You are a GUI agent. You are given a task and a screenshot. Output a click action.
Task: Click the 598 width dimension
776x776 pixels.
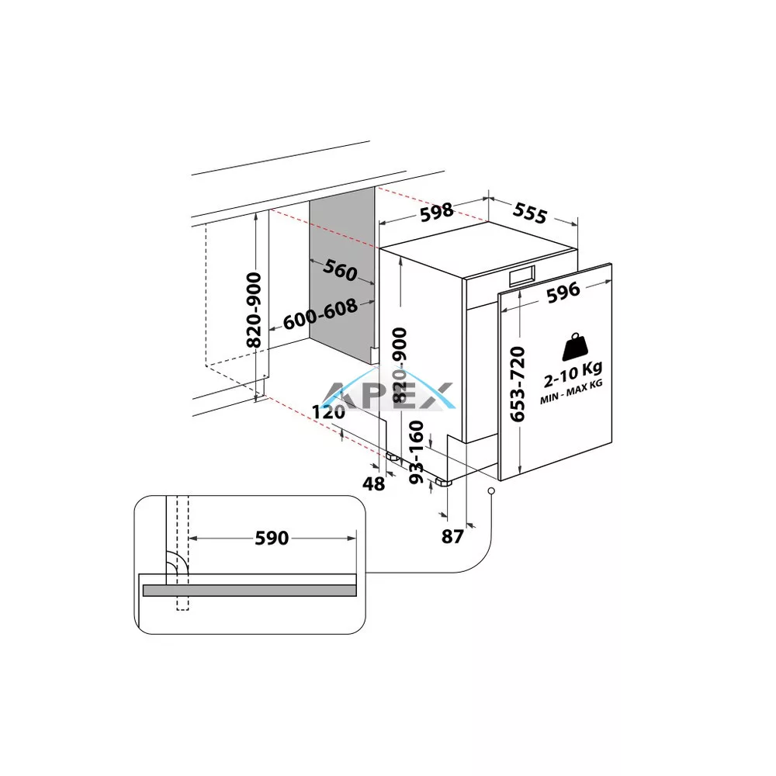coord(436,212)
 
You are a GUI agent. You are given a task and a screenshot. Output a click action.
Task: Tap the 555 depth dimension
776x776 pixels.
coord(530,213)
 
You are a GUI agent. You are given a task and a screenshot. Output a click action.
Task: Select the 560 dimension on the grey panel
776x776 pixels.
coord(340,270)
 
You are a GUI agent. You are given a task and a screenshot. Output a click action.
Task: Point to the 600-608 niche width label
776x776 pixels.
coord(320,314)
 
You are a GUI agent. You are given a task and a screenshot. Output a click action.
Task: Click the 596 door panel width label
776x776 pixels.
coord(563,292)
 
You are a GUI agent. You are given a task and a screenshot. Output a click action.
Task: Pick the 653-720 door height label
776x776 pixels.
coord(517,384)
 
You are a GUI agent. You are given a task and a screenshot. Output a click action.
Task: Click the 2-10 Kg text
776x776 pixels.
coord(573,374)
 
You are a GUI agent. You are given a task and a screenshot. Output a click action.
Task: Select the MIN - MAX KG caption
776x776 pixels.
coord(572,392)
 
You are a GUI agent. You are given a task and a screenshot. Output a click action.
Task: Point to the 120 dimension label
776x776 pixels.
coord(328,412)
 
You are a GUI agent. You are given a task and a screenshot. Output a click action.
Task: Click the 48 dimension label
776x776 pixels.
coord(374,483)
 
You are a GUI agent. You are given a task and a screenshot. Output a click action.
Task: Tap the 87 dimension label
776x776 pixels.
coord(452,536)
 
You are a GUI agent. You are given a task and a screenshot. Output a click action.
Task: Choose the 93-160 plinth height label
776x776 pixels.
coord(417,452)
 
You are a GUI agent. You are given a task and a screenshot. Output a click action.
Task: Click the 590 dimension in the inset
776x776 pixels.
coord(272,538)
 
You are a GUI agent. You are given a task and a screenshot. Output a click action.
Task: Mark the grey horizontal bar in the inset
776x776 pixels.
coord(249,591)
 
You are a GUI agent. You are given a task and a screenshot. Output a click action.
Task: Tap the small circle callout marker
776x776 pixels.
coord(491,491)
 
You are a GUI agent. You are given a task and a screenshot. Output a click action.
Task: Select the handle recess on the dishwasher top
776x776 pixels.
coord(522,276)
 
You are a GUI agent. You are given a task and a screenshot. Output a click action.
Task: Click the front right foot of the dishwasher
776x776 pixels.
coord(444,482)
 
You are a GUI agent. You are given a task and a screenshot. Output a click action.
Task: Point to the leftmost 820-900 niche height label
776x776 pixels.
coord(254,310)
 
